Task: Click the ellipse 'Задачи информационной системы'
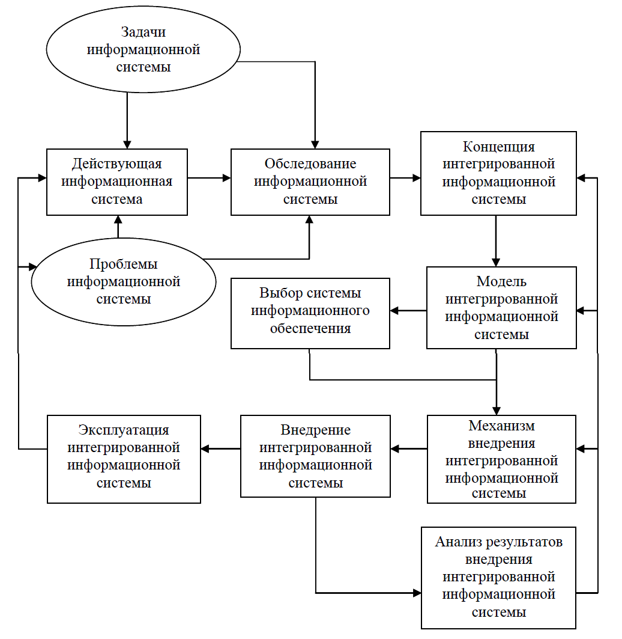[143, 49]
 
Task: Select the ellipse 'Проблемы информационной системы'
[123, 281]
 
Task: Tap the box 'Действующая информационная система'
[117, 182]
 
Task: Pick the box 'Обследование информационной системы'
[310, 182]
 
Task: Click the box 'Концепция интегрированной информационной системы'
[499, 173]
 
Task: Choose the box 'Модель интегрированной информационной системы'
[501, 308]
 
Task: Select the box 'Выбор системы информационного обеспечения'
[310, 313]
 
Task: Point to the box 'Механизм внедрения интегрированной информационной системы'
[501, 459]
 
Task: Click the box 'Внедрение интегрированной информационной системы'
[315, 456]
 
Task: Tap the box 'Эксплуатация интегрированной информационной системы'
[124, 459]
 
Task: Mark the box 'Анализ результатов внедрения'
[499, 578]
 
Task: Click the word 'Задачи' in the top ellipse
[143, 32]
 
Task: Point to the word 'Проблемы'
[123, 264]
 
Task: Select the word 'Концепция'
[499, 147]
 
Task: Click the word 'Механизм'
[501, 426]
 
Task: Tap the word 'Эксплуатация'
[124, 430]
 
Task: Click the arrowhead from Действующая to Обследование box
[226, 178]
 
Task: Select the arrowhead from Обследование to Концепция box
[416, 178]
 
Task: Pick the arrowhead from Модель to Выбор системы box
[394, 311]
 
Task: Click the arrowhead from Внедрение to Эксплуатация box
[205, 448]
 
